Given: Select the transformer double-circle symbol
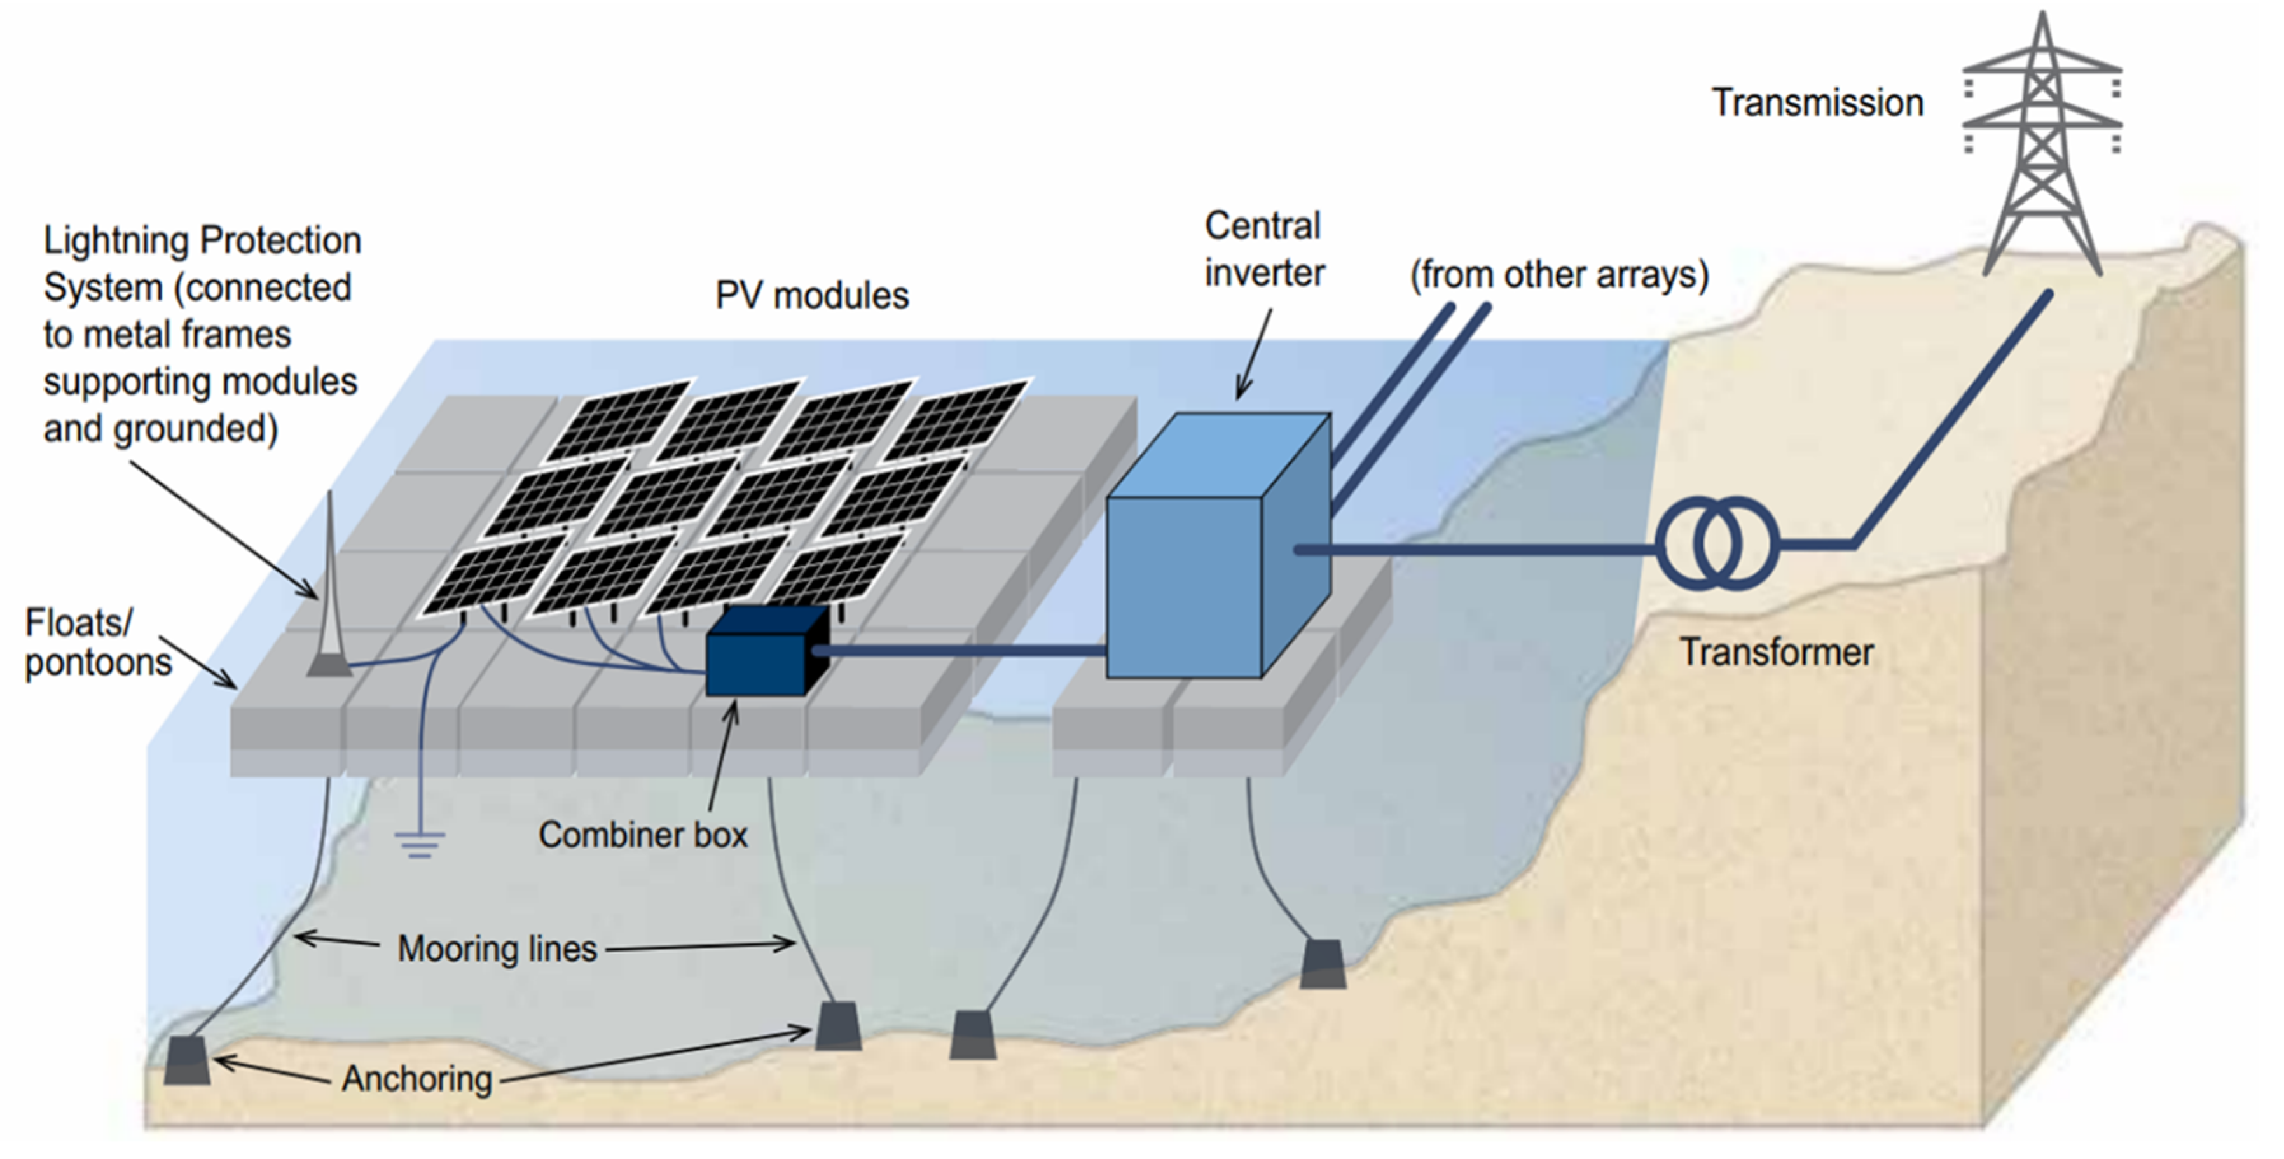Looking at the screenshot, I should tap(1717, 545).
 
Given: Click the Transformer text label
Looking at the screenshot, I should tap(1776, 653).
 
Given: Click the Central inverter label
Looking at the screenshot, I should tap(1263, 249).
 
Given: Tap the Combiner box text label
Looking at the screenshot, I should tap(643, 835).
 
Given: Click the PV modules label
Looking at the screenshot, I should tap(811, 295).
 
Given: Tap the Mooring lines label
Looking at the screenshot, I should tap(497, 949).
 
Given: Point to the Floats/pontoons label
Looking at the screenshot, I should tap(97, 643).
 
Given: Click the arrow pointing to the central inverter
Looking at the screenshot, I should tap(1255, 355).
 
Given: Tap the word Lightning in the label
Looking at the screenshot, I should tap(117, 240).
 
